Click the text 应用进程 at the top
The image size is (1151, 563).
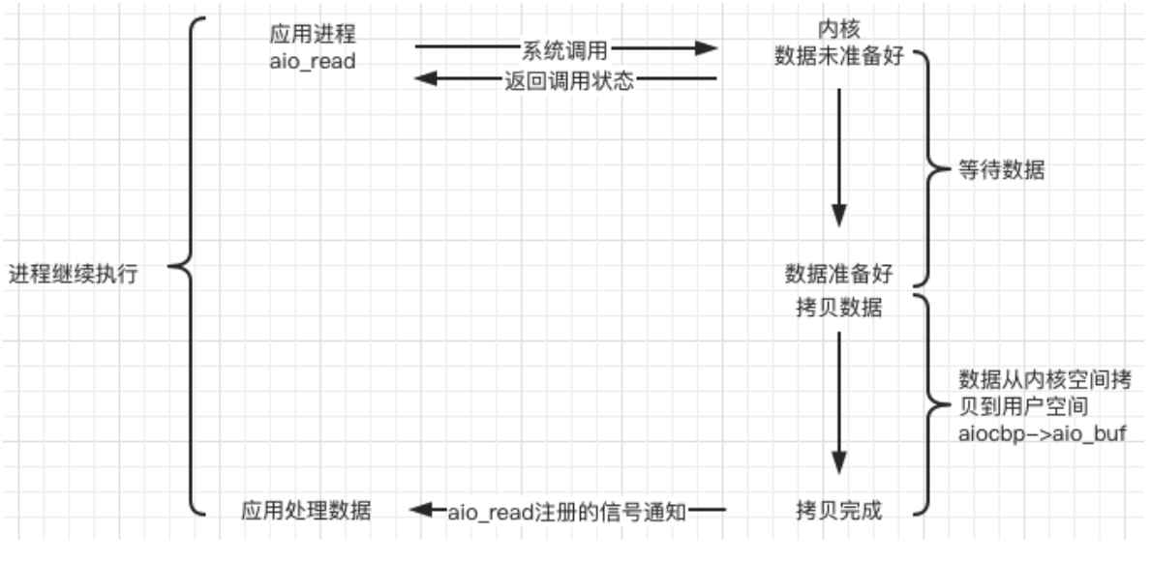point(313,33)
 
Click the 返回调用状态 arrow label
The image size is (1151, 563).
point(569,80)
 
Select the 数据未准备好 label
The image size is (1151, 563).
point(838,56)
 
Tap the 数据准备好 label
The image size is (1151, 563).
point(838,274)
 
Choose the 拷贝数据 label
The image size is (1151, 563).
point(838,308)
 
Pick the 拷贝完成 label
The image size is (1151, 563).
point(838,509)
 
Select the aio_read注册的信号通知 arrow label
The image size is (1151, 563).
point(567,510)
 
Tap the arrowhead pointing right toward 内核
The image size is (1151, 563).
point(710,46)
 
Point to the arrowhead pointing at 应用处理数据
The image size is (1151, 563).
point(418,509)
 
